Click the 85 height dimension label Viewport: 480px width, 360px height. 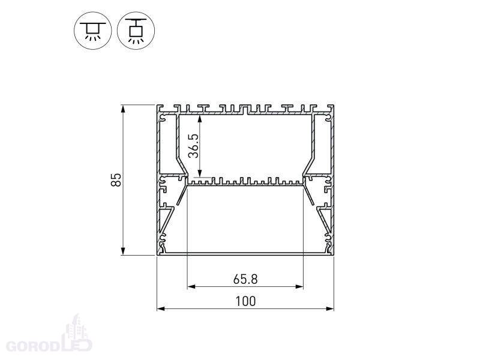[116, 179]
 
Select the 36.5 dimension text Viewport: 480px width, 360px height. [193, 146]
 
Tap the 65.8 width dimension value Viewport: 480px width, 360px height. [245, 279]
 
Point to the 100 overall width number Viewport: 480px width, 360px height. [245, 301]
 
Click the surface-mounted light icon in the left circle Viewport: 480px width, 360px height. [93, 31]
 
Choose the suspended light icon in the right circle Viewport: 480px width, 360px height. [136, 31]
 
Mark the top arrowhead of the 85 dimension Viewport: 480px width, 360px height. [123, 109]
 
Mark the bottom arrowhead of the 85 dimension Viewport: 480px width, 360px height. [123, 251]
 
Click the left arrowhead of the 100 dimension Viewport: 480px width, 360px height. [161, 308]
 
